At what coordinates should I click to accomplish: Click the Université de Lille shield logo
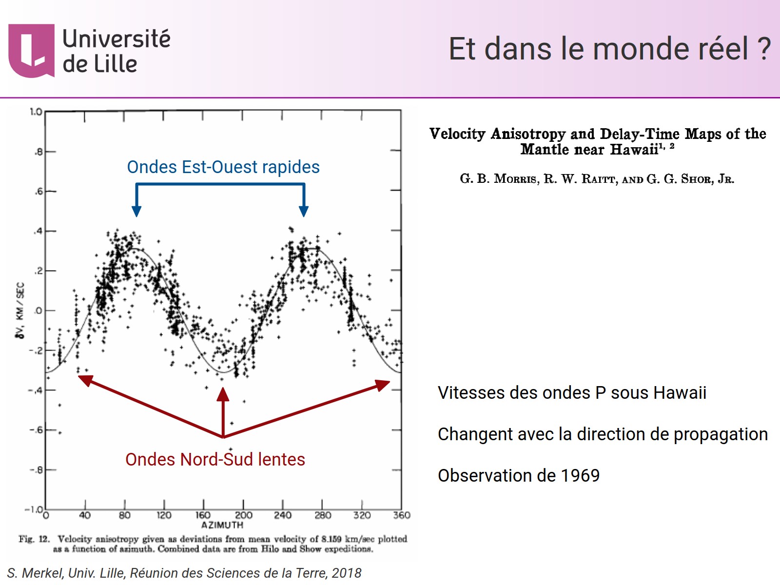tap(31, 51)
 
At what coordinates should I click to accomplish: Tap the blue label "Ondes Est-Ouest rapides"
tap(223, 167)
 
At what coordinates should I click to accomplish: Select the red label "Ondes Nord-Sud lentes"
tap(215, 460)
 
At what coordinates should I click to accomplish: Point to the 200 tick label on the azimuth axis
tap(244, 515)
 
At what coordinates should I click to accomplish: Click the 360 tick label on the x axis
tap(402, 515)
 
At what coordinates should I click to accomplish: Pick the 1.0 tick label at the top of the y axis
tap(36, 112)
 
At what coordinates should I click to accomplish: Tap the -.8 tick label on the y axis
tap(36, 470)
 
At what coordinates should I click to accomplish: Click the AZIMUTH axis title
tap(222, 525)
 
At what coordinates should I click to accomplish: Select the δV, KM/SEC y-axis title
tap(20, 311)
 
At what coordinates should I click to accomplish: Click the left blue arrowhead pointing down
tap(136, 211)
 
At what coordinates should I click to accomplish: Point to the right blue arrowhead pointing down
tap(304, 211)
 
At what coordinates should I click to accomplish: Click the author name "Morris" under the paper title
tap(516, 179)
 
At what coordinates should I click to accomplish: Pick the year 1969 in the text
tap(580, 476)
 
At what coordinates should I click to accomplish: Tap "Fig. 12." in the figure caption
tap(34, 539)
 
